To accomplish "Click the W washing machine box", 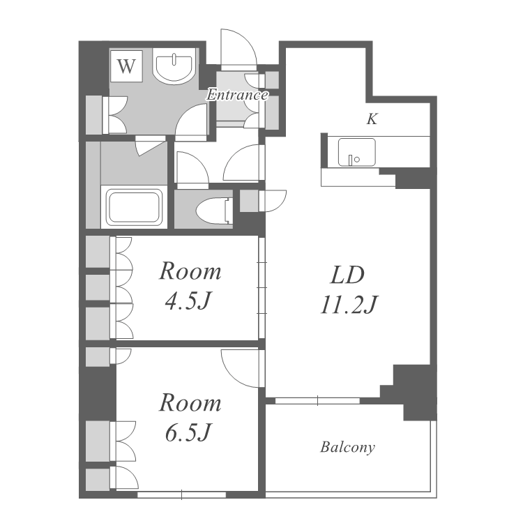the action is coord(126,66).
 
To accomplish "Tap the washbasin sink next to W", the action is coord(173,68).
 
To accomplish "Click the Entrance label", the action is coord(237,95).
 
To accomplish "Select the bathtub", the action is coord(134,207).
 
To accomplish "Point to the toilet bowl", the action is coord(213,211).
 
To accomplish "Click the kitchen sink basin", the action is coord(356,153).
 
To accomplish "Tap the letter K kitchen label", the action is coord(372,119).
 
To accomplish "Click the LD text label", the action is coord(347,275).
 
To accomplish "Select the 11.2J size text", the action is coord(349,305).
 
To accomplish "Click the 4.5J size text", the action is coord(188,301).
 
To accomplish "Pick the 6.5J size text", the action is coord(188,432).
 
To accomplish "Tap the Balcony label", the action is coord(347,447).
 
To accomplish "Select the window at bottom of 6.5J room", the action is coord(182,494).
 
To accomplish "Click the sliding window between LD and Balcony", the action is coord(317,400).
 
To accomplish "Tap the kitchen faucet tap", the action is coord(350,160).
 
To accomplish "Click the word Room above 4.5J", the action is coord(190,271).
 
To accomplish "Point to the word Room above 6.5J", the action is coord(190,403).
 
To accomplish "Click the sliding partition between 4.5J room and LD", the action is coord(261,288).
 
